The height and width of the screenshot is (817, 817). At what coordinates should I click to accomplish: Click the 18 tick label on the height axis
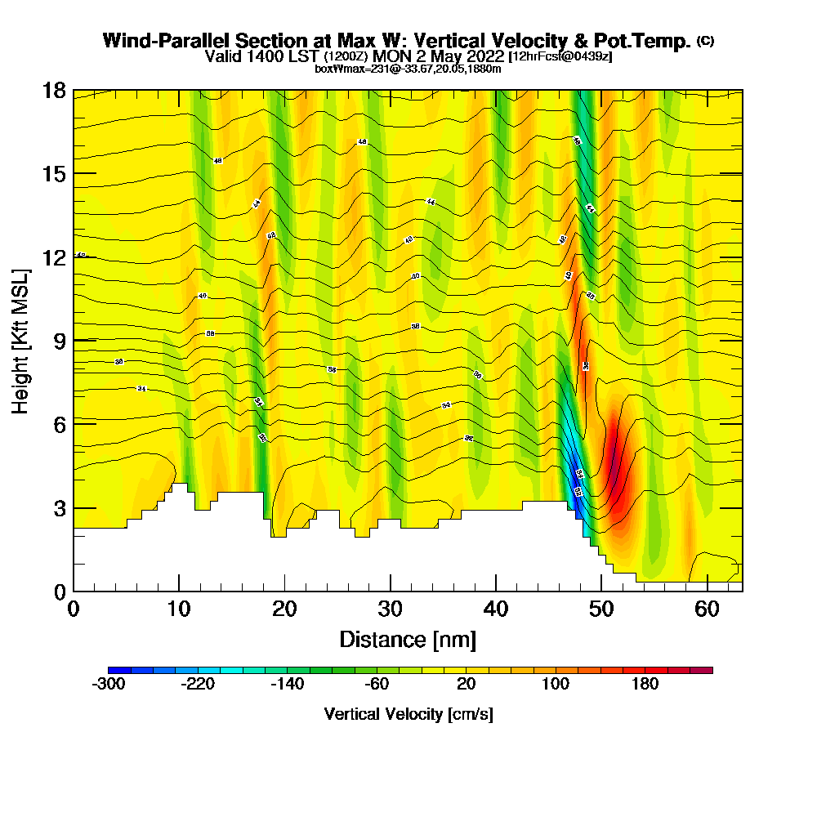tap(54, 90)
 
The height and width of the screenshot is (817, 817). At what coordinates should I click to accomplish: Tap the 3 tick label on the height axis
tap(59, 507)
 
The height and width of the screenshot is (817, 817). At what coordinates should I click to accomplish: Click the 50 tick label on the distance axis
tap(601, 609)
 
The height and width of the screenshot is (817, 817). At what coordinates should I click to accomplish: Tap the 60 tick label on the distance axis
tap(708, 609)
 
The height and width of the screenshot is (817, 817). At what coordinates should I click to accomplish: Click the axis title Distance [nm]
tap(408, 639)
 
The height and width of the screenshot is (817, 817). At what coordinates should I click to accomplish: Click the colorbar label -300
tap(109, 685)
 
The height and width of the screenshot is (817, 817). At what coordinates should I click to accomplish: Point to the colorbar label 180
tap(645, 685)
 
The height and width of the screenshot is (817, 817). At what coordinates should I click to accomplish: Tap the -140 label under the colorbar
tap(288, 685)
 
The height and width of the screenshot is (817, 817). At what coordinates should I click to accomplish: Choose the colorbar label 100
tap(556, 685)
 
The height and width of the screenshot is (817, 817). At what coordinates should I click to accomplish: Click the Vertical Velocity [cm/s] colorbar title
tap(408, 714)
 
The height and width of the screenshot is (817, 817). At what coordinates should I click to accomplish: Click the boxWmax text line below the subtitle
tap(408, 69)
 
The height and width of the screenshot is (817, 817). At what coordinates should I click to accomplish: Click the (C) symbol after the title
tap(705, 40)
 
